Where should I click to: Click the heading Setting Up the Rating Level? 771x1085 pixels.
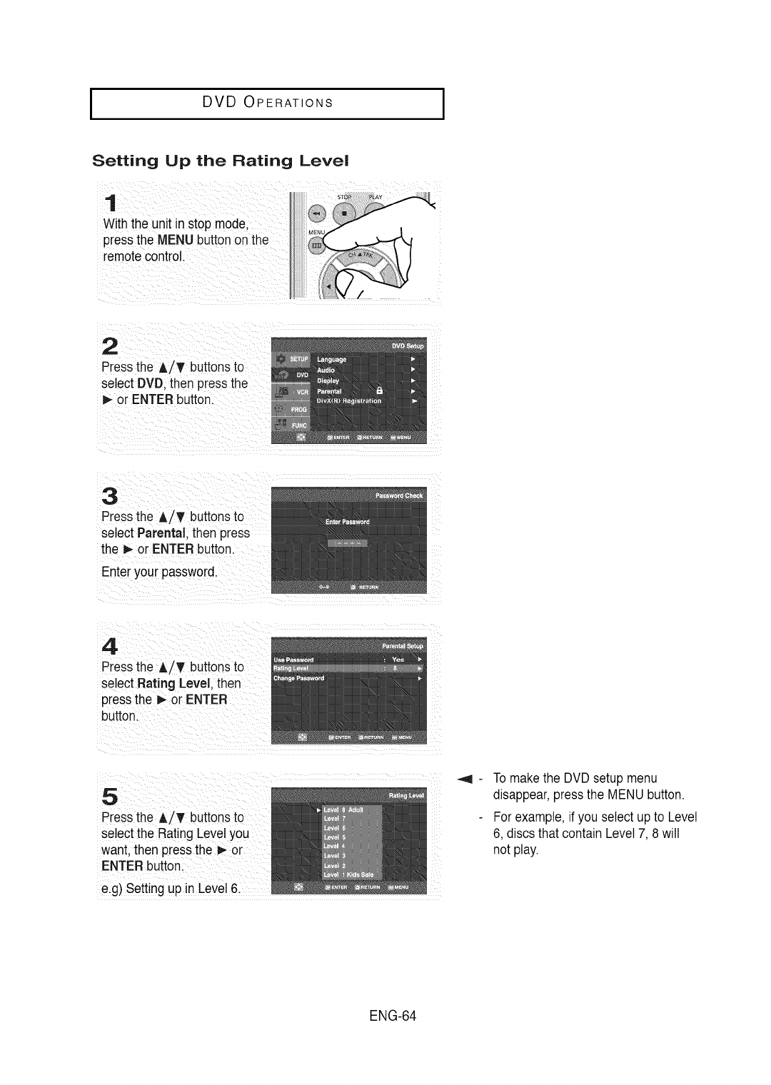point(221,160)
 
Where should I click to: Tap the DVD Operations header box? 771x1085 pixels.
point(267,103)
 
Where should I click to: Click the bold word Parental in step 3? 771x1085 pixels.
point(162,533)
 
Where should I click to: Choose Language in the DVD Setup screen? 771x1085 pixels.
point(331,359)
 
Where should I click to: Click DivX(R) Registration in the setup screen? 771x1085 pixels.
point(349,401)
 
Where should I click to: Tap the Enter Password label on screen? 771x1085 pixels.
point(347,522)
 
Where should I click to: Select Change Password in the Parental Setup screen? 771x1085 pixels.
point(299,678)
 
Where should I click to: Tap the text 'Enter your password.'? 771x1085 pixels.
point(158,572)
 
